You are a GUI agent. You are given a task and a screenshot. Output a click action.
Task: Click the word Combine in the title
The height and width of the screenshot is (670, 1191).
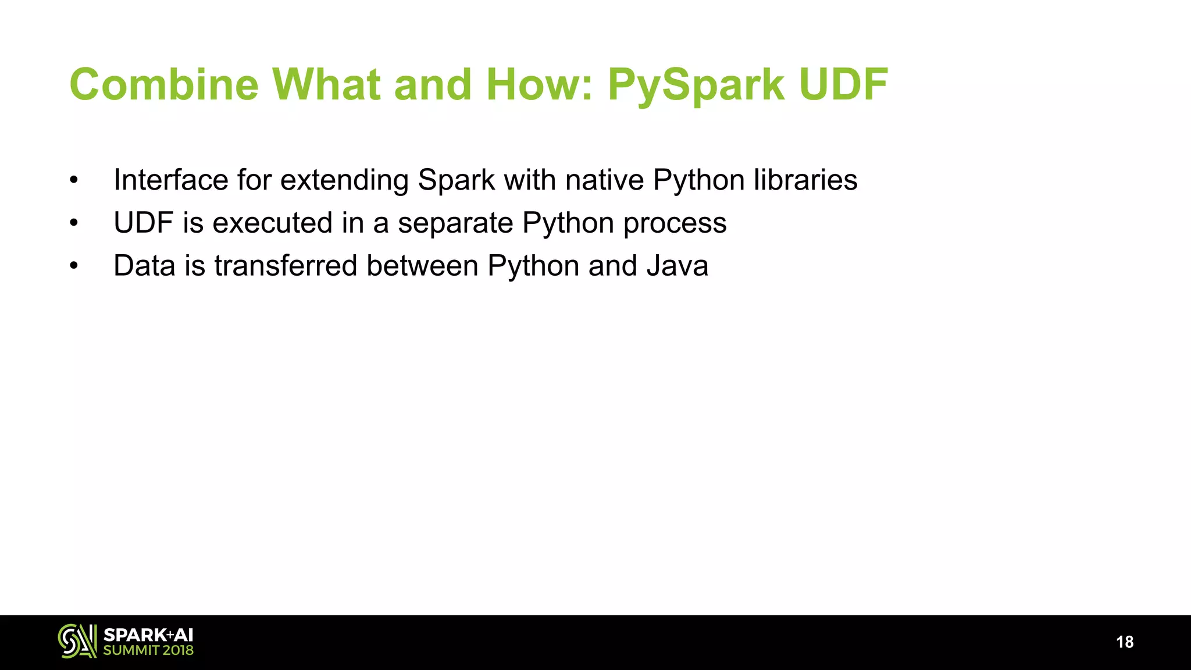[x=164, y=85]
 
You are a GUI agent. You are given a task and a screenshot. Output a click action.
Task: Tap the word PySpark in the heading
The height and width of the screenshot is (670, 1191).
[x=696, y=85]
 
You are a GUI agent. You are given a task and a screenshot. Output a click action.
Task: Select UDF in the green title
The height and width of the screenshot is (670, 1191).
[x=843, y=85]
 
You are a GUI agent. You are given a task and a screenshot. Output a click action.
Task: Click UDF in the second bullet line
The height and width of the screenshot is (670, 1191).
[x=143, y=223]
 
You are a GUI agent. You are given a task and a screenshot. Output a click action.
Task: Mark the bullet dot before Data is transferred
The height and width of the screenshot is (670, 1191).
[x=73, y=266]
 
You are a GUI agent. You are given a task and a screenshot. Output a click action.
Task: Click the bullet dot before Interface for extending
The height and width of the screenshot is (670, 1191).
[x=73, y=180]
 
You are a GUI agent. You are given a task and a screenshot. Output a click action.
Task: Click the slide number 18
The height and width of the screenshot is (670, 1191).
[x=1125, y=642]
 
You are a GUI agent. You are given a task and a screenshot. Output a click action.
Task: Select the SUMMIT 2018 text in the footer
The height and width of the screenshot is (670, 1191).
[x=148, y=650]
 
